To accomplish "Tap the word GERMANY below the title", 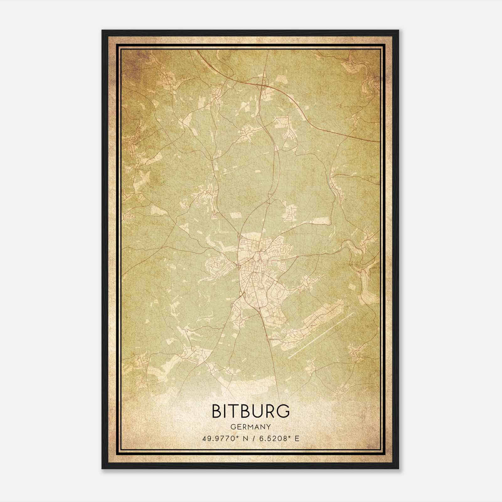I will click(251, 427).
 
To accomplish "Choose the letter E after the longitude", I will click(297, 438).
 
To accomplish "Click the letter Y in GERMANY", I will click(269, 427).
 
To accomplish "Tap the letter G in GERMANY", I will click(232, 427).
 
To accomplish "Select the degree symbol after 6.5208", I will click(286, 436).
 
